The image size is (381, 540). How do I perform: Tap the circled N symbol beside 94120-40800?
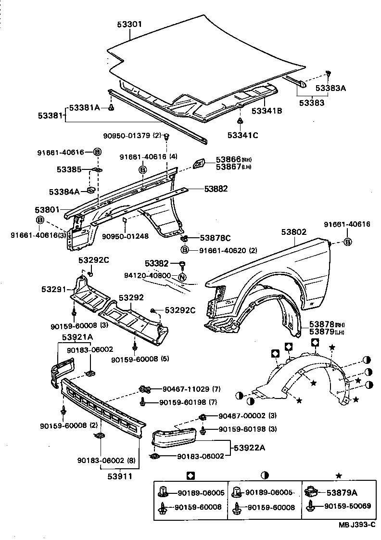coord(182,277)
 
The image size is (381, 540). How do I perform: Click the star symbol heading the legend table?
coord(338,476)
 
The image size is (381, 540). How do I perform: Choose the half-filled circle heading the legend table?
coord(265,476)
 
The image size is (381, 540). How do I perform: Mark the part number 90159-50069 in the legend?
coord(347,506)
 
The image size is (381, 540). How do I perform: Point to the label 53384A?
coord(64,192)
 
